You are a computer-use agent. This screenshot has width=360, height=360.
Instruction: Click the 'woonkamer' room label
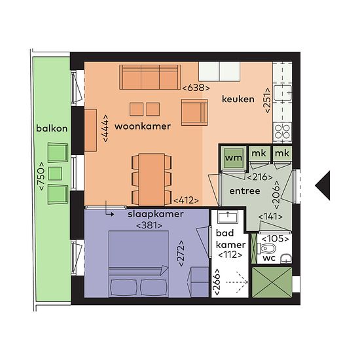click(143, 126)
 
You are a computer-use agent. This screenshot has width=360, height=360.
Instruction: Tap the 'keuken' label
click(238, 99)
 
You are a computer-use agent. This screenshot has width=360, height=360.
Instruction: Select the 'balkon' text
click(52, 128)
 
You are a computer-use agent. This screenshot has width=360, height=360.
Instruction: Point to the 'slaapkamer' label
click(156, 214)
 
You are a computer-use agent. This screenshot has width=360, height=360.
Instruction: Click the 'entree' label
click(245, 191)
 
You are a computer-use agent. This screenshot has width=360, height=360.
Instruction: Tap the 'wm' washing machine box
click(233, 158)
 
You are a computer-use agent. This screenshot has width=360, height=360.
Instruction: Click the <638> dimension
click(196, 88)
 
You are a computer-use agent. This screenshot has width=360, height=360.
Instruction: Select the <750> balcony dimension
click(41, 176)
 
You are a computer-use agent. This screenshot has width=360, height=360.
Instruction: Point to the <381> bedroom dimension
click(149, 225)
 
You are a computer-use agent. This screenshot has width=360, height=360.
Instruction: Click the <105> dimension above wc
click(276, 239)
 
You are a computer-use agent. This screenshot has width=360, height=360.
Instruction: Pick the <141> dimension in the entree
click(270, 217)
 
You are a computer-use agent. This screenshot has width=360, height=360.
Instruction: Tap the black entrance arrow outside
click(323, 185)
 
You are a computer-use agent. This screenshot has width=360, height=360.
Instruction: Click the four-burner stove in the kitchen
click(282, 132)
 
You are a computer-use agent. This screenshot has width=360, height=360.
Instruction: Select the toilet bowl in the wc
click(266, 249)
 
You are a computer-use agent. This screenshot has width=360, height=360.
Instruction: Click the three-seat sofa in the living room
click(150, 77)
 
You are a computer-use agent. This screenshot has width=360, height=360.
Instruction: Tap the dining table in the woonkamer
click(152, 179)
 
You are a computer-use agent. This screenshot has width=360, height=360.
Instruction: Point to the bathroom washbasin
click(228, 217)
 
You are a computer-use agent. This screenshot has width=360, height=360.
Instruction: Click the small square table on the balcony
click(55, 173)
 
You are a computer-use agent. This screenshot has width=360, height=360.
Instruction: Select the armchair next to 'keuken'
click(194, 112)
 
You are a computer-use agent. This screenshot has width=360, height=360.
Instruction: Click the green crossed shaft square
click(272, 282)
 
